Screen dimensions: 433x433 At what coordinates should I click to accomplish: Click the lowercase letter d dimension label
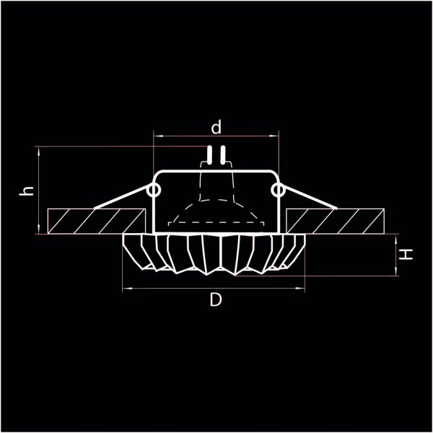215,128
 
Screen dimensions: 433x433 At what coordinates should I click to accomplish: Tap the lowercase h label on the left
27,191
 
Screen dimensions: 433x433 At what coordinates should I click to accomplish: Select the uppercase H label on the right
408,254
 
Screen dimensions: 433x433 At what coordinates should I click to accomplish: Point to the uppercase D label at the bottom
215,300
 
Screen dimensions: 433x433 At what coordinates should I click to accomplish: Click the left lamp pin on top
210,154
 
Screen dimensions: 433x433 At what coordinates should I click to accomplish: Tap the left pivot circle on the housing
154,190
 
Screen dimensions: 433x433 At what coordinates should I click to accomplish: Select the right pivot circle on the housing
278,190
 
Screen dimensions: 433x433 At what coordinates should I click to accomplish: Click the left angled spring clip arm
123,200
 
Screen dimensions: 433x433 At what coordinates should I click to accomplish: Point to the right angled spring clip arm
309,200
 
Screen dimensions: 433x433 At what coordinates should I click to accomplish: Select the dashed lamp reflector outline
216,209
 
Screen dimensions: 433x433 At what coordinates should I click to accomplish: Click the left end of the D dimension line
124,288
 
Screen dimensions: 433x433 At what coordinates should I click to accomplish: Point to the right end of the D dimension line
307,288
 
